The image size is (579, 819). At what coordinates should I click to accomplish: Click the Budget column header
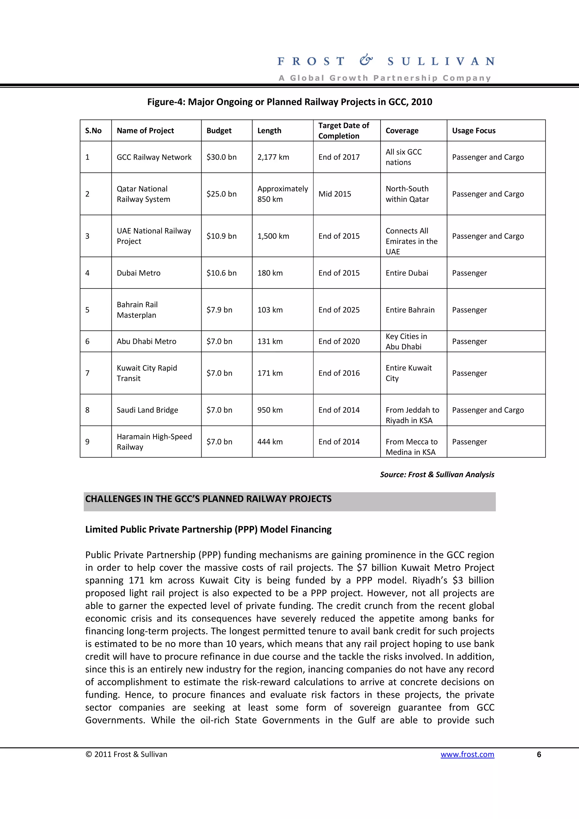[219, 131]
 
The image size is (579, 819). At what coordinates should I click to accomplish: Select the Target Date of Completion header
[343, 131]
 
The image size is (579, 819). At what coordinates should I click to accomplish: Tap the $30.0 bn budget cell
[221, 157]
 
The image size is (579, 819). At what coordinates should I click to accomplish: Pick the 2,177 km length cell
[273, 157]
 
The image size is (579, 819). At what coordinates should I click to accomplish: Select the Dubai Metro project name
[139, 273]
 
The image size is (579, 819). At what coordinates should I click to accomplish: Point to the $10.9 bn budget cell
[221, 236]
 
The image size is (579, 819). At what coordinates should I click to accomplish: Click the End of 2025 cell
[339, 310]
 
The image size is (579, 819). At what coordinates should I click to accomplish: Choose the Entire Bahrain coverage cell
[410, 310]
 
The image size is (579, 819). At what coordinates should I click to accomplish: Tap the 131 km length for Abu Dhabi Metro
[270, 341]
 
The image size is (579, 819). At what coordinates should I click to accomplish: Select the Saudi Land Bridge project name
[147, 410]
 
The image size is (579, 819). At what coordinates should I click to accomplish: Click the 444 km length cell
[270, 442]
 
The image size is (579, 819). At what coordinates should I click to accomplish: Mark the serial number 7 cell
[87, 373]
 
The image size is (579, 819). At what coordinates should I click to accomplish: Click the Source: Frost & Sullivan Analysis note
[437, 474]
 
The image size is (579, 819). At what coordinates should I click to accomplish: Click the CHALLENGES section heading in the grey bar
[208, 499]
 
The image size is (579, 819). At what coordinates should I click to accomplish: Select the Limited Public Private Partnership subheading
[208, 529]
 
